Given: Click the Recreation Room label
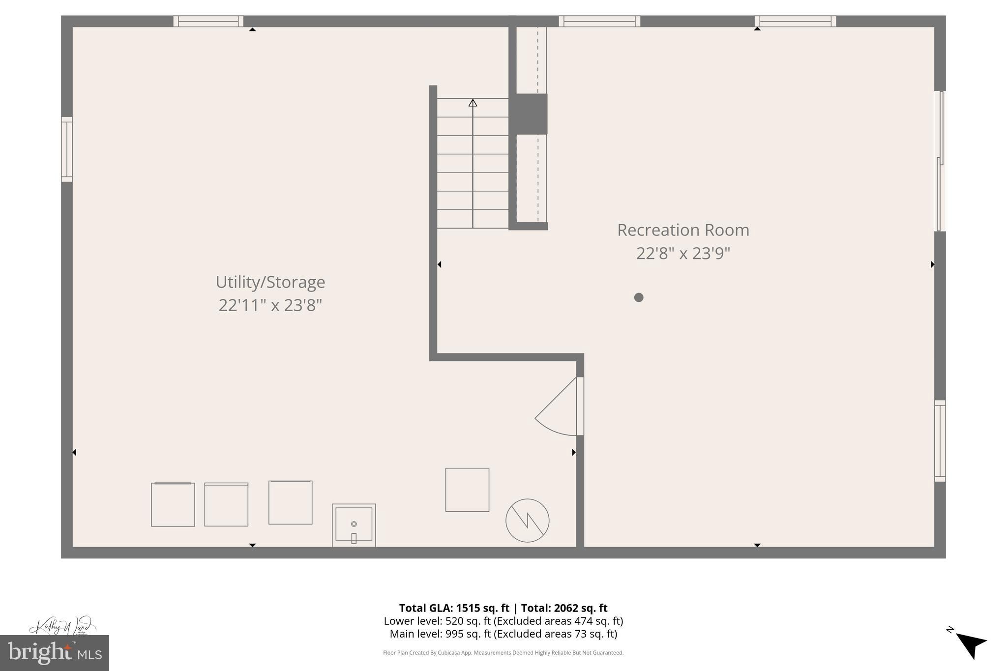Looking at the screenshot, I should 683,230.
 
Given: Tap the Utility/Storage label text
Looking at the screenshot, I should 270,282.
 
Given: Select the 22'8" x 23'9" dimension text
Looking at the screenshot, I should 683,254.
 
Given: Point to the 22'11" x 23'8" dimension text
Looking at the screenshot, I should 270,305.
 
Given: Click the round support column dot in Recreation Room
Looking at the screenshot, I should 639,297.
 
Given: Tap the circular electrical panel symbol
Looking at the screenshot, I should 527,521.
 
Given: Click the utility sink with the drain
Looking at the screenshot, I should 354,525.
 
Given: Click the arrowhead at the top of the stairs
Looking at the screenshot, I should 473,103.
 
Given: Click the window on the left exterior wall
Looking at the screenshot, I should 67,149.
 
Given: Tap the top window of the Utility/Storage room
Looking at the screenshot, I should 208,21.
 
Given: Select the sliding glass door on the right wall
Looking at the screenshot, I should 940,161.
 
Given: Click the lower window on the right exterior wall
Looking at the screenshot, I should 940,440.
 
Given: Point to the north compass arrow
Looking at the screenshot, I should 971,644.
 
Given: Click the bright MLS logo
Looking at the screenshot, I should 54,653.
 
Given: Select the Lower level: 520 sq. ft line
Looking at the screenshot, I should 503,621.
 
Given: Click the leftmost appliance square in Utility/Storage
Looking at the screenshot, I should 173,504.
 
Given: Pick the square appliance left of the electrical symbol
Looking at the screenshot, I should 467,490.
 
